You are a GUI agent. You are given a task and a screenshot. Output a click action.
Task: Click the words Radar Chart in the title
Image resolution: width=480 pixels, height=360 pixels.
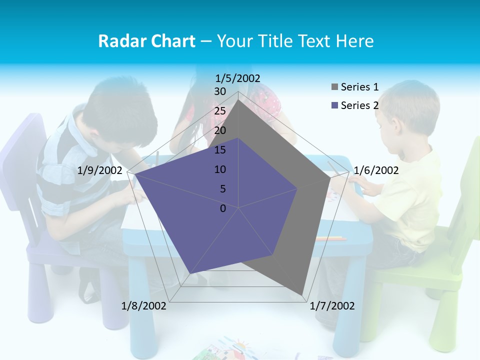(146, 41)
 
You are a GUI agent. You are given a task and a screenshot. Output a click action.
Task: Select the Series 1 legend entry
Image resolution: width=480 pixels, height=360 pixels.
(359, 87)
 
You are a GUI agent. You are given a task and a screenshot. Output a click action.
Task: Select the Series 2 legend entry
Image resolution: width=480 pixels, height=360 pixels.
(359, 105)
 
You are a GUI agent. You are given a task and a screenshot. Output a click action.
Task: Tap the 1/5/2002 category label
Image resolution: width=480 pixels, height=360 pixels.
(238, 78)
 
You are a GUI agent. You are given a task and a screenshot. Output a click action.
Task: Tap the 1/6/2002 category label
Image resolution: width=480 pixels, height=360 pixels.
(376, 170)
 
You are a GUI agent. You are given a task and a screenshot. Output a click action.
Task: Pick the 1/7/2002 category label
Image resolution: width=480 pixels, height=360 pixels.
(332, 306)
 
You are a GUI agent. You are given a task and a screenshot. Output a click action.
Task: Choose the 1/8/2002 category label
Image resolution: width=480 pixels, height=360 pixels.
(144, 306)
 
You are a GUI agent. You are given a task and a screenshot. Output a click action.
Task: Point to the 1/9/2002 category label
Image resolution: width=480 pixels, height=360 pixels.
(100, 170)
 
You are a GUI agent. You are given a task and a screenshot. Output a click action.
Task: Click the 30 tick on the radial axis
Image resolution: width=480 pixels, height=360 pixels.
(220, 91)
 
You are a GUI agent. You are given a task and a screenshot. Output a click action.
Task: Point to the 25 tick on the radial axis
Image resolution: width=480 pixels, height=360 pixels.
(220, 111)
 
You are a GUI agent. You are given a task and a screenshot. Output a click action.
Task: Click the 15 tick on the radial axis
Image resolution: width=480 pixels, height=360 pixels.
(220, 150)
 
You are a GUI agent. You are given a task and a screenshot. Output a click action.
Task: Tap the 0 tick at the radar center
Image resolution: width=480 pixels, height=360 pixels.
(223, 208)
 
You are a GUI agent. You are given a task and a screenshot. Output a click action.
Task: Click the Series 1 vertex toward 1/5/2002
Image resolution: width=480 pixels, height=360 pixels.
(238, 99)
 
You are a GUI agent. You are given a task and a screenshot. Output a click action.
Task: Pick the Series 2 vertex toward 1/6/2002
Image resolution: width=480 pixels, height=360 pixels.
(297, 188)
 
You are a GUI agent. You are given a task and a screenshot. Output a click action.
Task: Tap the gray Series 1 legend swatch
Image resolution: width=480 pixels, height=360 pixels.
(334, 87)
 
